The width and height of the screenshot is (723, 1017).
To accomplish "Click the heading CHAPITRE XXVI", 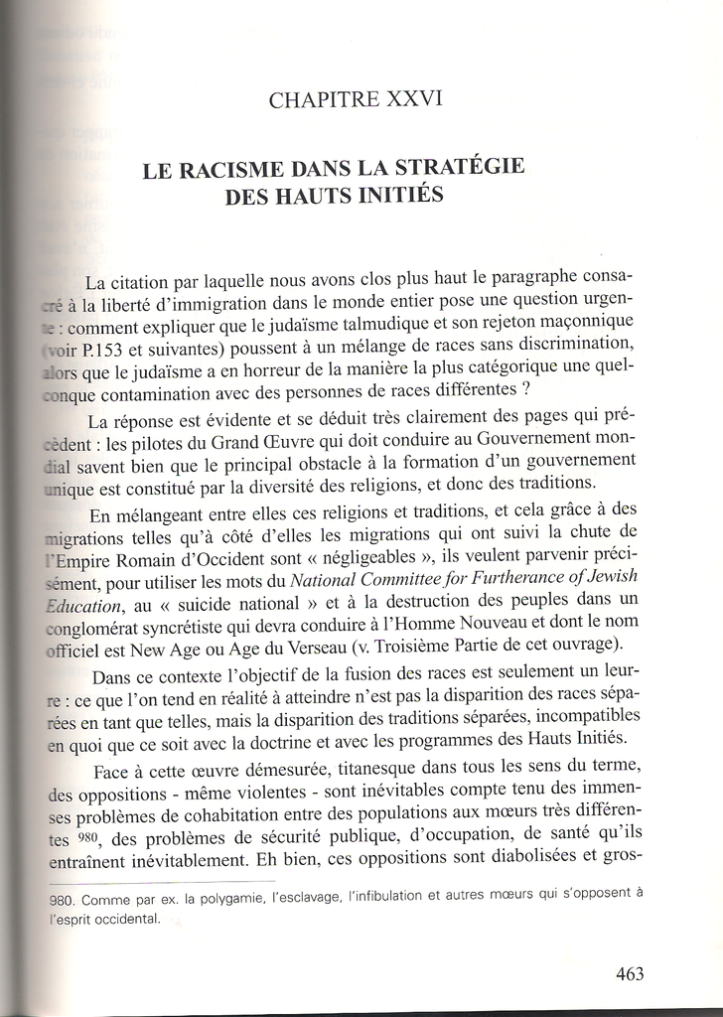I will click(356, 99).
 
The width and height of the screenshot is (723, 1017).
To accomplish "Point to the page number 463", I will click(630, 973).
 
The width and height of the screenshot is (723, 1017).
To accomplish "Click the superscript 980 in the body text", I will click(92, 834).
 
